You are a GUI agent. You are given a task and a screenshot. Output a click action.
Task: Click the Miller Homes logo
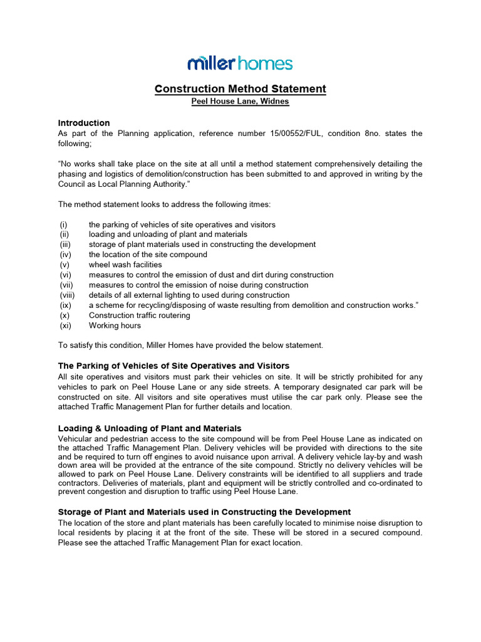pyautogui.click(x=240, y=63)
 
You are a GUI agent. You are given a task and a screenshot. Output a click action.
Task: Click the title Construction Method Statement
pyautogui.click(x=240, y=89)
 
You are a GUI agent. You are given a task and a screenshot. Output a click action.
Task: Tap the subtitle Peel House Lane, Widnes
pyautogui.click(x=240, y=102)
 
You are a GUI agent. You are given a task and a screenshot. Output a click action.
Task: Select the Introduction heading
pyautogui.click(x=84, y=123)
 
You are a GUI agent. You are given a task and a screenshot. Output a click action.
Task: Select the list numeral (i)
pyautogui.click(x=64, y=224)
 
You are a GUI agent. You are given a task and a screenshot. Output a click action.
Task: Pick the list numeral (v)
pyautogui.click(x=65, y=265)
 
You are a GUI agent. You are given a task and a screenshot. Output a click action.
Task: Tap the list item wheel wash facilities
pyautogui.click(x=125, y=265)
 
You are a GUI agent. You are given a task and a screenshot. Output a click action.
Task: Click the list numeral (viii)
pyautogui.click(x=68, y=295)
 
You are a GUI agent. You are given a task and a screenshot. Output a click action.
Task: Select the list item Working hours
pyautogui.click(x=115, y=325)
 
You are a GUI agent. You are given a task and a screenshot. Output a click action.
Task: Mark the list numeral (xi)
pyautogui.click(x=66, y=325)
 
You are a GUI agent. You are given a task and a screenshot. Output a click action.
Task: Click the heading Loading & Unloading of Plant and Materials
pyautogui.click(x=150, y=428)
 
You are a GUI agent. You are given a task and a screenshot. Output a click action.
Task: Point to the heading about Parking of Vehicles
pyautogui.click(x=173, y=366)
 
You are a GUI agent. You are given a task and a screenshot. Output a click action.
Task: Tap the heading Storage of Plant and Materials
pyautogui.click(x=204, y=512)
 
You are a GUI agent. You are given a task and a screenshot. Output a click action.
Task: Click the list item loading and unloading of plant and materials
pyautogui.click(x=168, y=234)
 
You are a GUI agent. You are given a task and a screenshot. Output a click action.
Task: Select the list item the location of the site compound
pyautogui.click(x=148, y=255)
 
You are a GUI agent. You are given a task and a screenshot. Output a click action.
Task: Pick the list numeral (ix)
pyautogui.click(x=65, y=305)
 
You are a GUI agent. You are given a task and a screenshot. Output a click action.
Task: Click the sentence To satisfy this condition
pyautogui.click(x=190, y=345)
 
